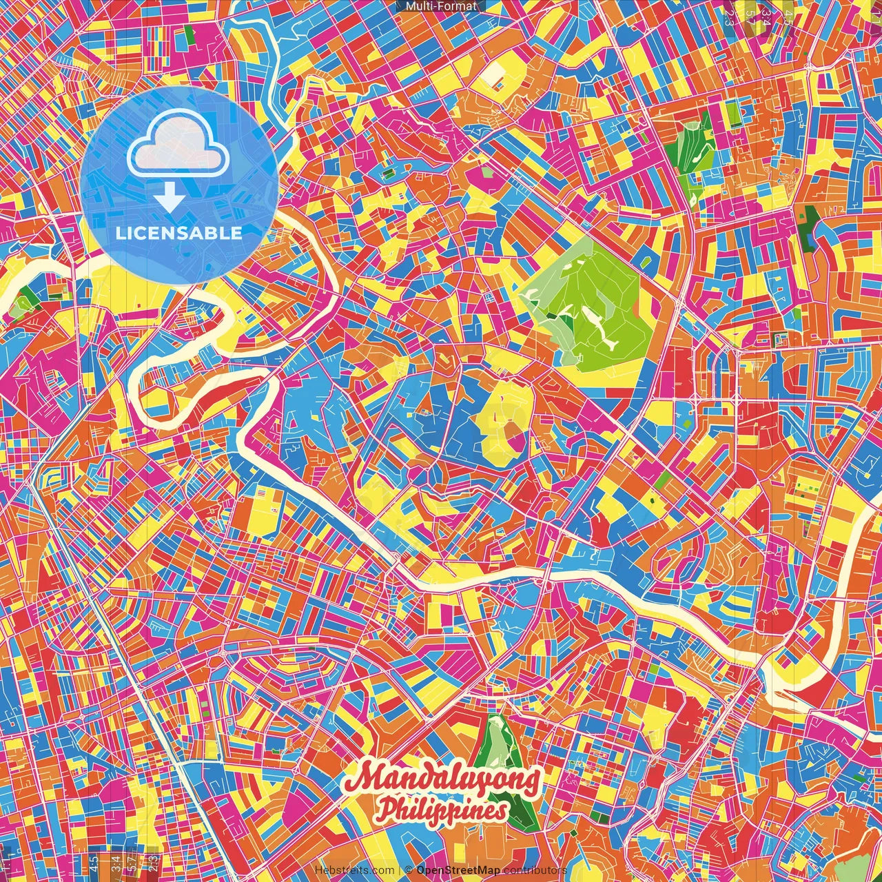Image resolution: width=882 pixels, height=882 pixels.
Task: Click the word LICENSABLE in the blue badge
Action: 179,233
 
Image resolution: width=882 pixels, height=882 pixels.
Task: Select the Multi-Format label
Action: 441,6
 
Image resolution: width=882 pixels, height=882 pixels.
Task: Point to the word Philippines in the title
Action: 442,810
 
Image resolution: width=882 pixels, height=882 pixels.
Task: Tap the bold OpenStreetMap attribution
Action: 458,870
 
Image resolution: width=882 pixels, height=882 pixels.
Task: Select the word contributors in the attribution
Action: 535,870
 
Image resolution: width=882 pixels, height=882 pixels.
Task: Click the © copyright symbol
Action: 409,870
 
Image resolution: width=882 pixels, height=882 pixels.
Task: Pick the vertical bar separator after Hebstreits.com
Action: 400,870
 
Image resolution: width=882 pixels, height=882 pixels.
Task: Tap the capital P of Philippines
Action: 388,808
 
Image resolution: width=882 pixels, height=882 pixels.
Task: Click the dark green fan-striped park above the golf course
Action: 693,155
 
